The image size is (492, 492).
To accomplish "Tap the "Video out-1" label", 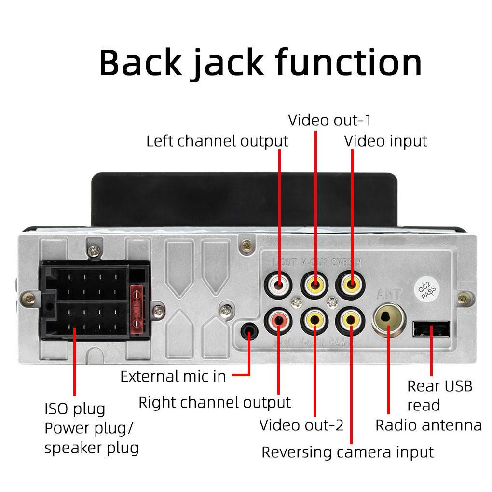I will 329,120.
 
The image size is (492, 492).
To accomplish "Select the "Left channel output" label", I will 217,141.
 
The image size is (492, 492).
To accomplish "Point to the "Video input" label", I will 385,141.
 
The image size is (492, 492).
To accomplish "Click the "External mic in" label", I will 173,376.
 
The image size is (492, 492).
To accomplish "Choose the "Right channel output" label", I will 215,402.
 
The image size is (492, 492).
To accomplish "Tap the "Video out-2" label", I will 301,425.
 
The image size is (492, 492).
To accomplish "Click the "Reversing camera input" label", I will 347,452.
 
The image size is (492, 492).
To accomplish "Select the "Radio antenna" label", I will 428,425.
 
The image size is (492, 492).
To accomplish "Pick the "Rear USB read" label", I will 439,396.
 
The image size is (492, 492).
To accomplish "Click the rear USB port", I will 431,330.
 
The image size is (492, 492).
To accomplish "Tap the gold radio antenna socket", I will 389,318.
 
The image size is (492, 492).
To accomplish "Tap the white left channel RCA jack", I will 279,284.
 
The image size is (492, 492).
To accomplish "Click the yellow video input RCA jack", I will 351,284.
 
